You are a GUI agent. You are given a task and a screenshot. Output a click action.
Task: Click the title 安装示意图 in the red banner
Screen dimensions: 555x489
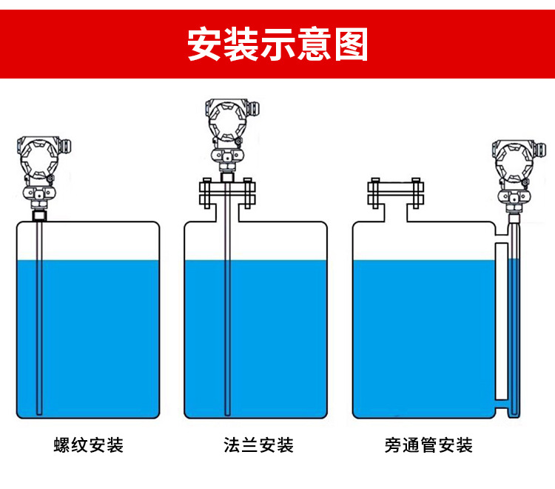277,44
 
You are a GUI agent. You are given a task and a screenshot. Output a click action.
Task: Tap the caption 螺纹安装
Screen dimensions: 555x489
89,445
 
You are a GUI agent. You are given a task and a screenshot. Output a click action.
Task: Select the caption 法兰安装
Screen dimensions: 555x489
258,445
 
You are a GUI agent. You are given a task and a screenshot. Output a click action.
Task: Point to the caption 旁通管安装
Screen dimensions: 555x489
428,445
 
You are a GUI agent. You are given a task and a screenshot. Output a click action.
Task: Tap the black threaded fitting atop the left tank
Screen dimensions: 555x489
39,216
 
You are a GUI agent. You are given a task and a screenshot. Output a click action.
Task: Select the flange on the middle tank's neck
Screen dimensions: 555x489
227,194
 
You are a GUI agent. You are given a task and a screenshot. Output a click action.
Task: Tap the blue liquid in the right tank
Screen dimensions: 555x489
422,333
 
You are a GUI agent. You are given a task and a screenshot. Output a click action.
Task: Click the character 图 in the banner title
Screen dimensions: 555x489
350,44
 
